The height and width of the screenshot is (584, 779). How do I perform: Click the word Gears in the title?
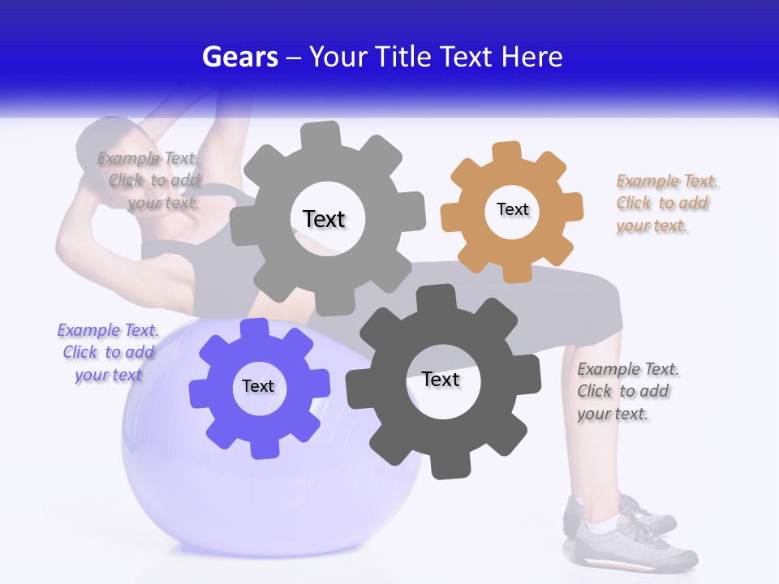click(x=239, y=57)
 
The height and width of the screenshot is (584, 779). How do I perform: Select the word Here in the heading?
click(x=532, y=57)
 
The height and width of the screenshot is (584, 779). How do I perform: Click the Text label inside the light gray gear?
click(x=324, y=219)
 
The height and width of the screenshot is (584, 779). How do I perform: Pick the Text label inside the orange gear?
click(x=512, y=209)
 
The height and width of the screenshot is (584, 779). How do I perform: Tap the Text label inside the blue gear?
click(x=258, y=386)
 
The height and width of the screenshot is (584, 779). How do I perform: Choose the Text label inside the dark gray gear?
click(x=441, y=380)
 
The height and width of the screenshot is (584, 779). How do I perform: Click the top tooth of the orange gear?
click(x=507, y=152)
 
